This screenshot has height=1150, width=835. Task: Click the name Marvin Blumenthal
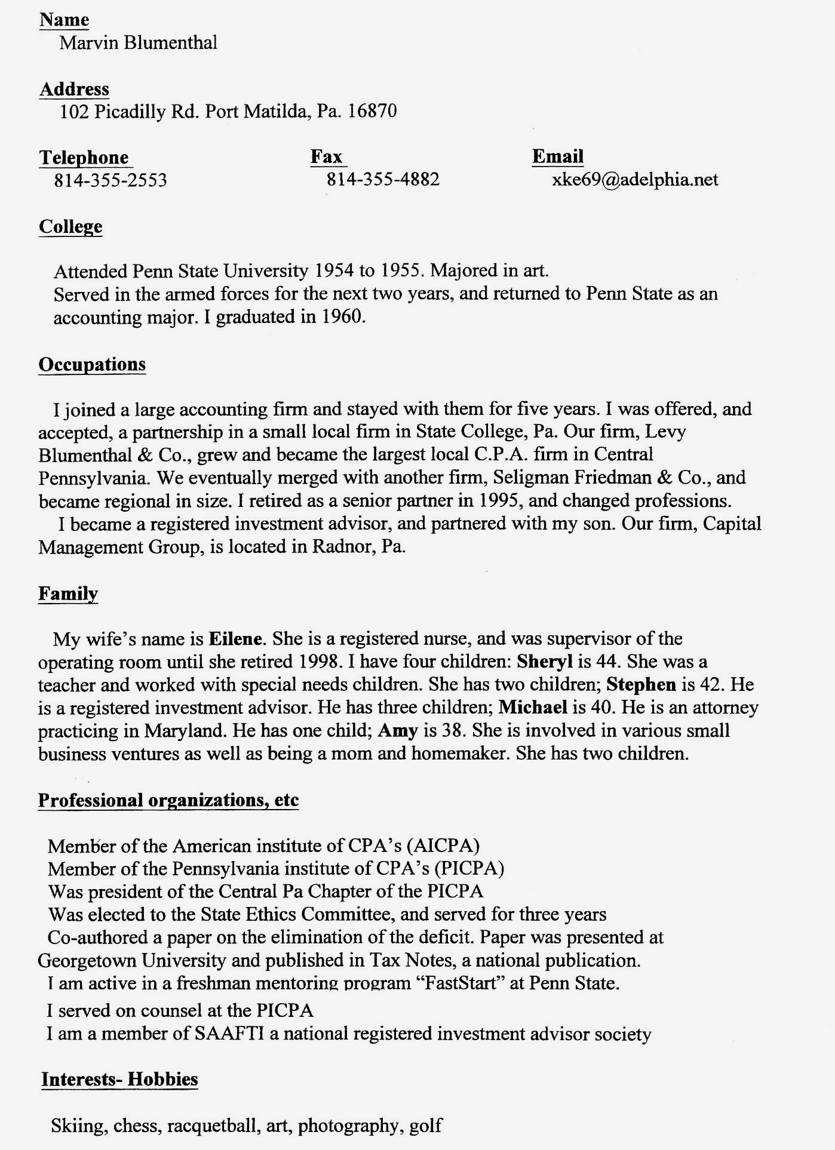(x=138, y=43)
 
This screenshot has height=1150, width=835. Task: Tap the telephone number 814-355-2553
(x=110, y=180)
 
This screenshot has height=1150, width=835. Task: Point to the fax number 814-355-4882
(x=383, y=179)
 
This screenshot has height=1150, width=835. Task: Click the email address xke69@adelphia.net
(x=635, y=180)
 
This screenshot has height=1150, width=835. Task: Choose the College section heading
(x=70, y=227)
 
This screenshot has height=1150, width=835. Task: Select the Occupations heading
(x=92, y=364)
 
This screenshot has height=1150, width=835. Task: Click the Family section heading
(x=68, y=594)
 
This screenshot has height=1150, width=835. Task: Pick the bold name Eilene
(x=235, y=639)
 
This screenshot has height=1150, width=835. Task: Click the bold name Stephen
(x=641, y=684)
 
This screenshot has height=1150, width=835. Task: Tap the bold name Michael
(x=533, y=708)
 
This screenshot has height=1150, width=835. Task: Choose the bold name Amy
(x=398, y=730)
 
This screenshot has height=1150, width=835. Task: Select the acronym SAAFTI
(x=230, y=1034)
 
